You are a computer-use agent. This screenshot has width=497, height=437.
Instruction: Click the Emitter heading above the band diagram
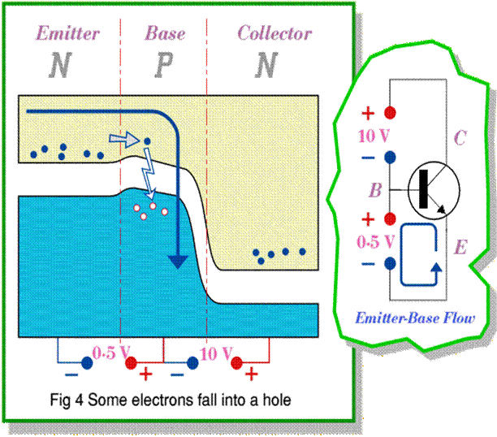click(x=67, y=33)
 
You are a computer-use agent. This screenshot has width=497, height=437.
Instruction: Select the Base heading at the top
click(x=165, y=33)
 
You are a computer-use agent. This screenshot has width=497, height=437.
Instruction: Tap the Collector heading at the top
click(x=274, y=33)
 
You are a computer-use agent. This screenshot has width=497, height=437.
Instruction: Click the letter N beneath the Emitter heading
click(x=59, y=64)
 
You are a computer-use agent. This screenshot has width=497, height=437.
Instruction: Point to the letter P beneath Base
click(x=163, y=64)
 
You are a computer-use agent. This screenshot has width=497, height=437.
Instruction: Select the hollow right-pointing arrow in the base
click(x=124, y=140)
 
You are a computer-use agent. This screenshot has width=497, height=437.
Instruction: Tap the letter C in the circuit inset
click(x=460, y=138)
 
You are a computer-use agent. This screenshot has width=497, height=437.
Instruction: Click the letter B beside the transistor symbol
click(x=375, y=191)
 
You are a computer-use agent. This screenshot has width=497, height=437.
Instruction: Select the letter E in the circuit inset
click(x=460, y=247)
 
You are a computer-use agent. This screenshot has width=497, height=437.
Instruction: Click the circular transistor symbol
click(x=434, y=191)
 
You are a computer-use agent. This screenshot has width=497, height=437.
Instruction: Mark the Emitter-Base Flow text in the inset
click(x=415, y=317)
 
